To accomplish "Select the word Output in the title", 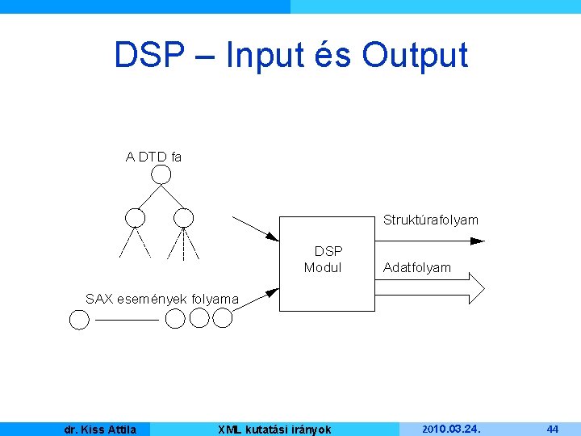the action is (415, 55).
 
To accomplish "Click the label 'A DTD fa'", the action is (153, 157).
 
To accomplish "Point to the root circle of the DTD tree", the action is (161, 175).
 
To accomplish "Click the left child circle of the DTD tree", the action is (136, 217).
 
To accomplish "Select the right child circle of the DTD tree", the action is (184, 217).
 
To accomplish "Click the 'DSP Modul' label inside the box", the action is (324, 259).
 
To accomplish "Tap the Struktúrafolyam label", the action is (430, 220).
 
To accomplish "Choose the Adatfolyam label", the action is (417, 267).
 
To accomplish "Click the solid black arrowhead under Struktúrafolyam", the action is (477, 241).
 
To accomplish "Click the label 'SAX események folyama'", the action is (162, 299).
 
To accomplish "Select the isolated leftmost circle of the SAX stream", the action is (79, 321).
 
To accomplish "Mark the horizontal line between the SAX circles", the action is (126, 321).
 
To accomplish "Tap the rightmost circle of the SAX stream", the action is (223, 319).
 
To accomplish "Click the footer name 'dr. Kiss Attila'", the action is (100, 430).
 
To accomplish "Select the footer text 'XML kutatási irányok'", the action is (275, 430).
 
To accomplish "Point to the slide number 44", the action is (553, 429).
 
